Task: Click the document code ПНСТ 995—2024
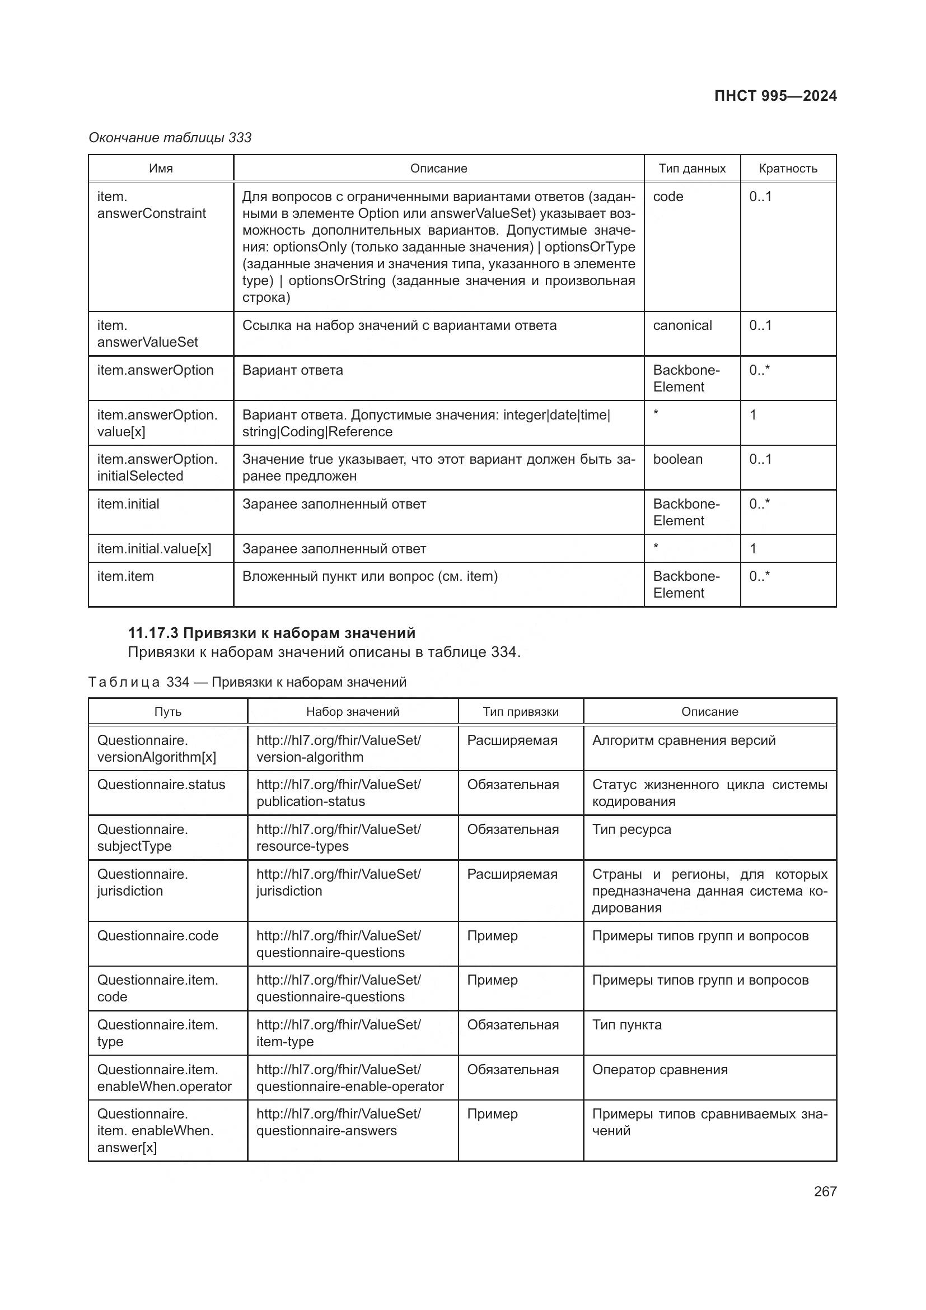pos(775,96)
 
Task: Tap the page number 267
pos(825,1191)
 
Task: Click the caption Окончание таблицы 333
pos(170,138)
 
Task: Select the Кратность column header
pos(788,169)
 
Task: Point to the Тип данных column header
pos(691,169)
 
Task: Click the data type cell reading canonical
pos(682,325)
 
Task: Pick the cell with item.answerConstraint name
pos(152,205)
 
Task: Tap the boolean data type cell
pos(677,459)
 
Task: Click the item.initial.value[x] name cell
pos(154,549)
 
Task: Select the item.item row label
pos(125,576)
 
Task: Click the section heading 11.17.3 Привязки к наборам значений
pos(272,633)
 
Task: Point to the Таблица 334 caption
pos(247,682)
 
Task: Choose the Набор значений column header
pos(352,711)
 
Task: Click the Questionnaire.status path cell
pos(161,785)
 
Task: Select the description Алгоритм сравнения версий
pos(684,740)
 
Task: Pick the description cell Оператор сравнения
pos(660,1070)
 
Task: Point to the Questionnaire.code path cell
pos(157,936)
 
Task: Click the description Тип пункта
pos(626,1025)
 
